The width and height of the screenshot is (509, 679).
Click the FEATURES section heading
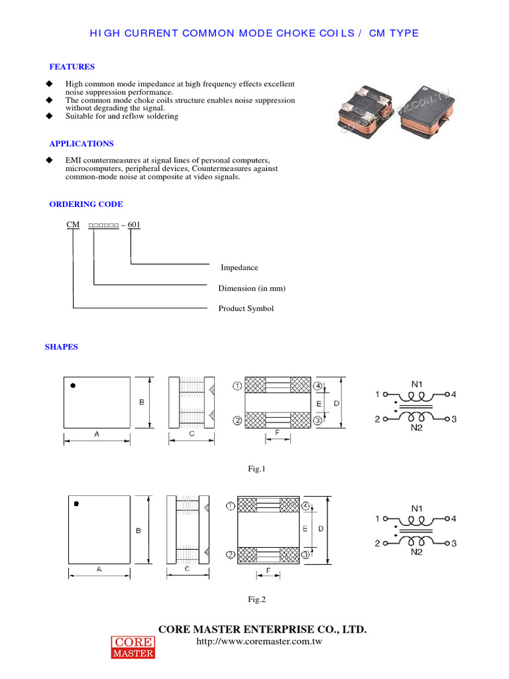click(x=72, y=67)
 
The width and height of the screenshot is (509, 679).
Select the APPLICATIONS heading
click(x=82, y=144)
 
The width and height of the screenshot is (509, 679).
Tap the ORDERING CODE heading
click(x=86, y=204)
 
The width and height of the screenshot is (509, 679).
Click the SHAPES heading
click(x=61, y=347)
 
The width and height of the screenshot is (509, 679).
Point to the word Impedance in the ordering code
click(x=239, y=268)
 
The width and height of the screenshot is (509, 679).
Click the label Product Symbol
click(x=246, y=309)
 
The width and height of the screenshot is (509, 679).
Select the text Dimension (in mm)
click(x=252, y=288)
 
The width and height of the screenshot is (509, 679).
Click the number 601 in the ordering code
click(x=134, y=225)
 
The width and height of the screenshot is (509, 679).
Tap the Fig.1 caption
click(x=256, y=469)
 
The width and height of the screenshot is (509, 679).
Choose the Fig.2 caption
click(x=256, y=599)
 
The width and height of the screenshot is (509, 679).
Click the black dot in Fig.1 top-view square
click(x=73, y=385)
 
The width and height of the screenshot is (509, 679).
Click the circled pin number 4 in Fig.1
click(x=318, y=386)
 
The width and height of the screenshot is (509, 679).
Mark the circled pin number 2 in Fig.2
click(x=230, y=554)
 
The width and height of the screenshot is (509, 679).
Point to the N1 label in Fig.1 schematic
click(x=417, y=383)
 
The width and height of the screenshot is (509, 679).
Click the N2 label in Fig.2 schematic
click(x=417, y=552)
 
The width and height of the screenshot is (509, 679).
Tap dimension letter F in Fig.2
click(x=267, y=570)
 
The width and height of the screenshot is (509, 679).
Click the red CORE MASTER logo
click(x=132, y=648)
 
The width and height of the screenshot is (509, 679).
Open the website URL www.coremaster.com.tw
click(x=260, y=643)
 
